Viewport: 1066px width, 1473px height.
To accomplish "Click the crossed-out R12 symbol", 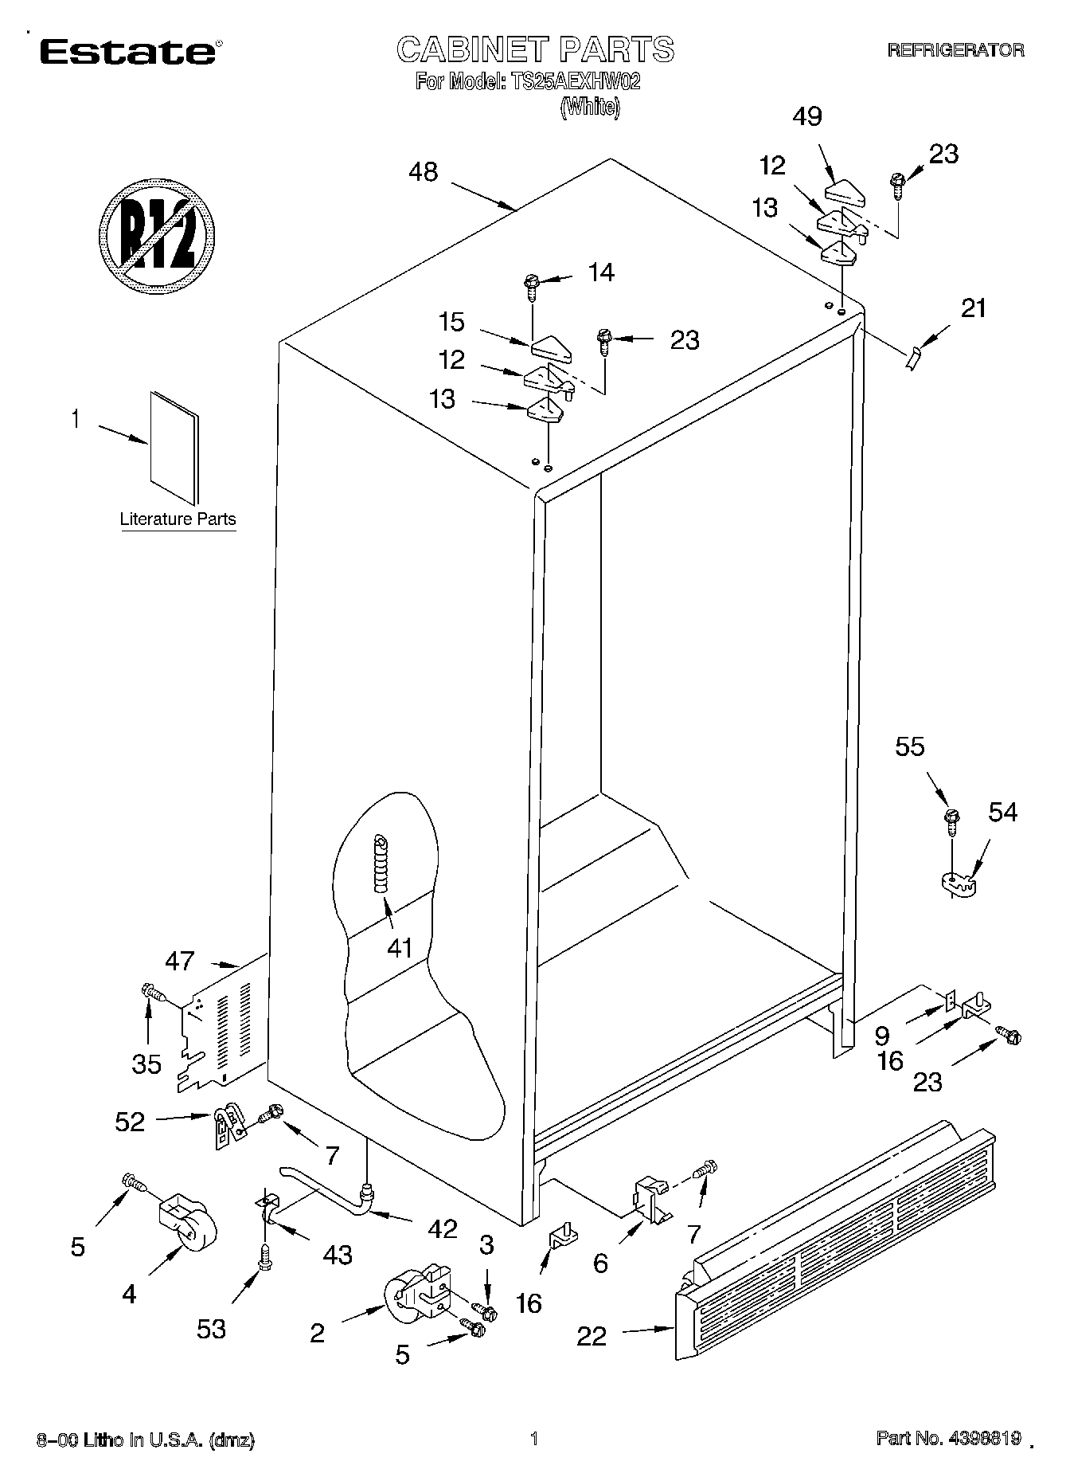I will pos(158,237).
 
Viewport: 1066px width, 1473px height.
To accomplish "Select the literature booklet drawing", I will pos(174,447).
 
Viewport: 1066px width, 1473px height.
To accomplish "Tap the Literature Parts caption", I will pos(178,519).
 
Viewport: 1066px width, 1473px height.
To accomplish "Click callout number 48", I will pos(424,172).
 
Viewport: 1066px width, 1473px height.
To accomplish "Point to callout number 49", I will pos(807,117).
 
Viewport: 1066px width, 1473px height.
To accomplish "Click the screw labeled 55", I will pos(951,821).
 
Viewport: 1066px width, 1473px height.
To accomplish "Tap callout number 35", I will pos(146,1064).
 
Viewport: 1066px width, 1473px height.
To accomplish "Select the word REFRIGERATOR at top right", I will pos(955,50).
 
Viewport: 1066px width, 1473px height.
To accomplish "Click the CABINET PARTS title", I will pos(535,49).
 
